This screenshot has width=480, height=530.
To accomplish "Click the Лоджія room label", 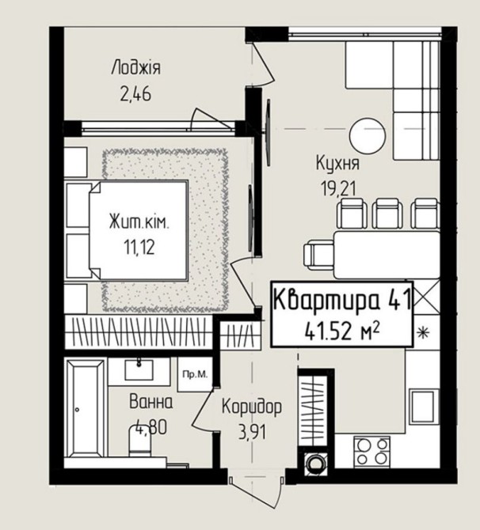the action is pos(135,67).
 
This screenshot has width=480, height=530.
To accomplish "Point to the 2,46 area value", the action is pos(135,94).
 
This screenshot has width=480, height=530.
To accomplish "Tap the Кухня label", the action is pos(337,163).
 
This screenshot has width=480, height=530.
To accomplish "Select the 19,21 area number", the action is pos(339,188).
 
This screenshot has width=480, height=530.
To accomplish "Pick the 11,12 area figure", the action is pos(139,248).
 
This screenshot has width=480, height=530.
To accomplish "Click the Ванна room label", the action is pos(151,402).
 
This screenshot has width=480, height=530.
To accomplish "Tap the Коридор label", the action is pos(252,407).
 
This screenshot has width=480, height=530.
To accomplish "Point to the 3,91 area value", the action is pos(252,432).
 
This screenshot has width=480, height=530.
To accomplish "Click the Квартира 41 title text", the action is pos(342,300).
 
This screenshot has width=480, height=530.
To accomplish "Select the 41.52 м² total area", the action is pos(342,331).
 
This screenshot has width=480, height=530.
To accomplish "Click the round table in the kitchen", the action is pos(368,135).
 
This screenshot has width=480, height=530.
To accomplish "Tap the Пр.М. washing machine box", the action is pos(195,374).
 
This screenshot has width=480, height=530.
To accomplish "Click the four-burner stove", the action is pos(372,452).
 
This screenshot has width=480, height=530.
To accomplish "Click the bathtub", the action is pos(86,409).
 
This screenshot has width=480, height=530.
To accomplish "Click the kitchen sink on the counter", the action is pos(424,407).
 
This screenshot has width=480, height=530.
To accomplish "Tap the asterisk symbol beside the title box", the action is pos(422,333).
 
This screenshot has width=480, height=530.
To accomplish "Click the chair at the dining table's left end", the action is pos(318,254).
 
